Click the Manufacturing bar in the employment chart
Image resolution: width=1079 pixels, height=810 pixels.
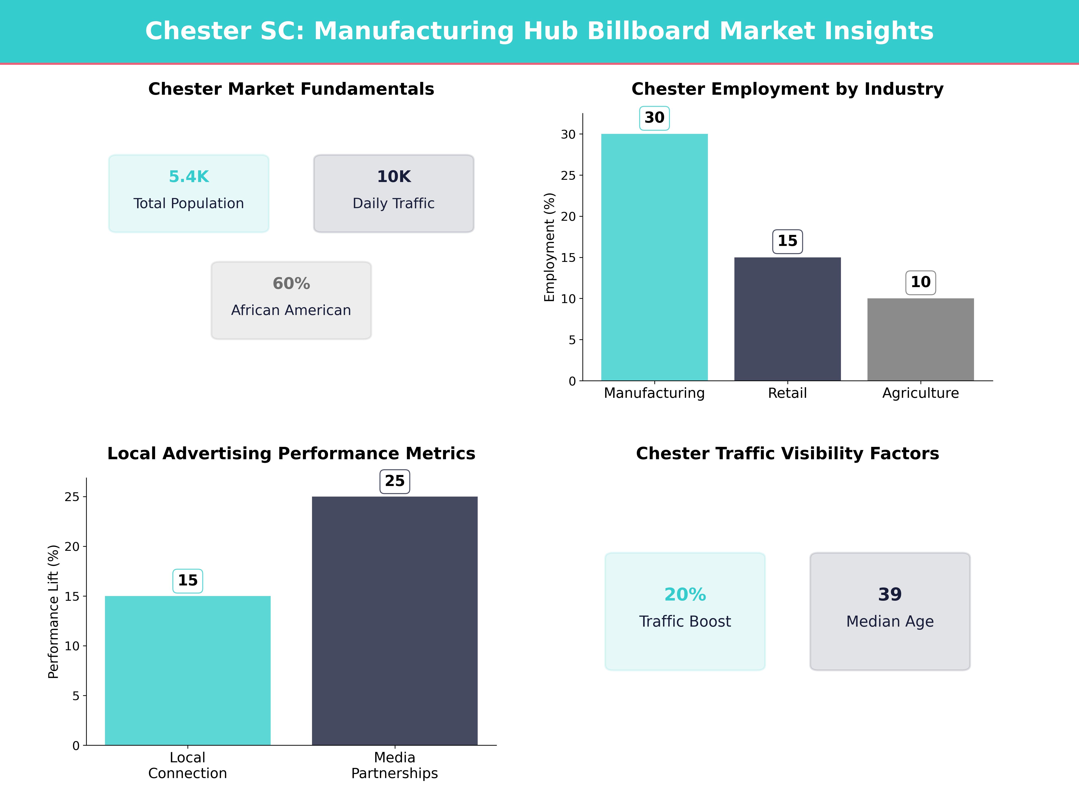[654, 257]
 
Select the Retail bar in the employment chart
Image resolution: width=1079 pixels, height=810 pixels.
[787, 319]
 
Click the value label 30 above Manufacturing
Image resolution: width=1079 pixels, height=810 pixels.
[654, 118]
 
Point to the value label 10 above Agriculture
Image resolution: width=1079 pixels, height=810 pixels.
[921, 282]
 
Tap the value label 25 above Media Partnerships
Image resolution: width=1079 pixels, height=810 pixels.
[395, 481]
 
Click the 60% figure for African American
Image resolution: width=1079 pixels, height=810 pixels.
[291, 283]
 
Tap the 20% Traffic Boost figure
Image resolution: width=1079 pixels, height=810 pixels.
[685, 594]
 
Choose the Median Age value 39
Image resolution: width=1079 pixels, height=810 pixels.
[890, 594]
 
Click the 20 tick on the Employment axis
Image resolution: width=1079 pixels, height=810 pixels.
[568, 216]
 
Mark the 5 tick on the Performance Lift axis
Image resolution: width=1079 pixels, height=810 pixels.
[76, 696]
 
